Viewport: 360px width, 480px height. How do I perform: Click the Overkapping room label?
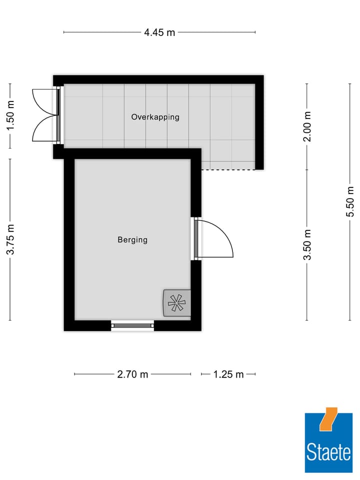pos(155,117)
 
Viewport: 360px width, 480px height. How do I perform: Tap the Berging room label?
pos(132,239)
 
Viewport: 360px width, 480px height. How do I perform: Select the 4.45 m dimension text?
pos(159,33)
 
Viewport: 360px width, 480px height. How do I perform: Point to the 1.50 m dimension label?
pos(10,116)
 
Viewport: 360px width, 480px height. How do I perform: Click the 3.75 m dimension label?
pos(10,239)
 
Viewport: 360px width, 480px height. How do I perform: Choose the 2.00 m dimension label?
pos(307,126)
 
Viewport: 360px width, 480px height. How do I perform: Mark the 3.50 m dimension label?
pos(307,244)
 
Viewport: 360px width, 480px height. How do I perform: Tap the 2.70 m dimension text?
pos(132,374)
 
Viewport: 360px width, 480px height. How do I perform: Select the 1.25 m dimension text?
pos(228,374)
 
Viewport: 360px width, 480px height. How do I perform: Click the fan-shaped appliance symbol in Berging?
pos(176,302)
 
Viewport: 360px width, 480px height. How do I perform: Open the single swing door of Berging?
pos(215,239)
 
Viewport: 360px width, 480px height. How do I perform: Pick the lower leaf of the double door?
pos(44,130)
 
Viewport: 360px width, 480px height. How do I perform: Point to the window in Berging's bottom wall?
pos(132,325)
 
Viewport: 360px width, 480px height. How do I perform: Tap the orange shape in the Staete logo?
pos(328,419)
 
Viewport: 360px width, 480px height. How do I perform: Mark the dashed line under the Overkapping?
pos(228,169)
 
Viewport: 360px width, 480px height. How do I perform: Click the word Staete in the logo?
pos(328,453)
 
